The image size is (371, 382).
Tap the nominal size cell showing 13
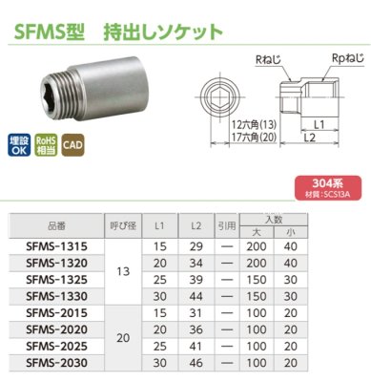click(x=120, y=270)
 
